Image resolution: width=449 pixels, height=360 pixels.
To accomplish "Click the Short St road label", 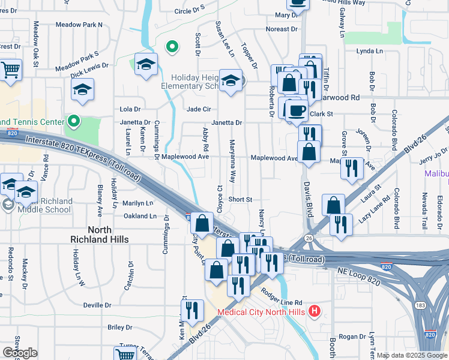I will tap(240, 199).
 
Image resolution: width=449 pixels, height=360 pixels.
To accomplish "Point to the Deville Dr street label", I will tap(97, 305).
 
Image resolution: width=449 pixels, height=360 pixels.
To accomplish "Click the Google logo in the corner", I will tap(20, 353).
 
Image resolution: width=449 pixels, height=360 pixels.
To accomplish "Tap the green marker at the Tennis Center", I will tap(74, 121).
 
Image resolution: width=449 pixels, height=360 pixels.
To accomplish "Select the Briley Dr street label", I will tap(119, 327).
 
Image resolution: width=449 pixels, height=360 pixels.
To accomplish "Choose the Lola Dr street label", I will tap(130, 109).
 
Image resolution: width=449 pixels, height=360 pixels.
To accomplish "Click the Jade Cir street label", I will tap(198, 109).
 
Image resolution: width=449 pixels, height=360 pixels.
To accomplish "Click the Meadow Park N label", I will tap(79, 25).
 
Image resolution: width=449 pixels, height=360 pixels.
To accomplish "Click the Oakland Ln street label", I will tap(140, 216).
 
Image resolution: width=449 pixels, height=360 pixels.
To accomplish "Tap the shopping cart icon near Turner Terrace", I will tap(125, 354).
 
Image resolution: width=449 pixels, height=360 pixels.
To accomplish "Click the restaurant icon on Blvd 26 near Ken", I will tap(192, 310).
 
